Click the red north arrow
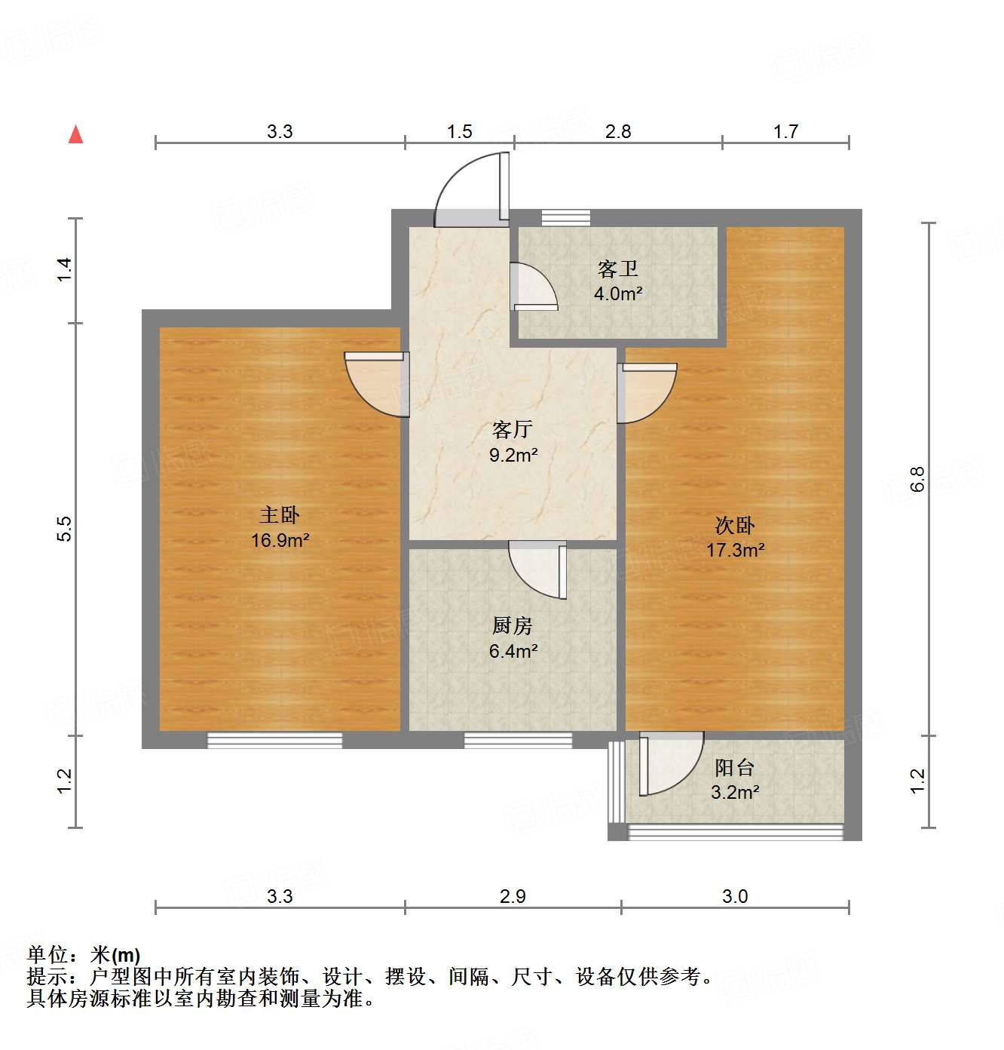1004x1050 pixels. click(75, 134)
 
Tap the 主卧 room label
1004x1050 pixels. click(280, 515)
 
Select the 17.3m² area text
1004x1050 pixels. click(735, 550)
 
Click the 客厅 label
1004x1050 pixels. click(513, 430)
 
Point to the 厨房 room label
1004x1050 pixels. click(513, 625)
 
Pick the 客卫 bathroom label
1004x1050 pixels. click(618, 269)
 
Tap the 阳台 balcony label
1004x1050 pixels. click(734, 768)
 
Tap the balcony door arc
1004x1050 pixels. click(670, 763)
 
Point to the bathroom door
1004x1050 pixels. click(532, 287)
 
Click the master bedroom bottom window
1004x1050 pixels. click(274, 741)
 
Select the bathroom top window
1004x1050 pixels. click(565, 218)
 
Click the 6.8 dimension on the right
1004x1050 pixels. click(917, 480)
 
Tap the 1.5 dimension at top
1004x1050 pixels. click(459, 132)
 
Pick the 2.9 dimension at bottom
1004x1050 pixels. click(513, 896)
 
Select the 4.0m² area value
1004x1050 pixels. click(618, 294)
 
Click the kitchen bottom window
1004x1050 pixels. click(518, 741)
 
